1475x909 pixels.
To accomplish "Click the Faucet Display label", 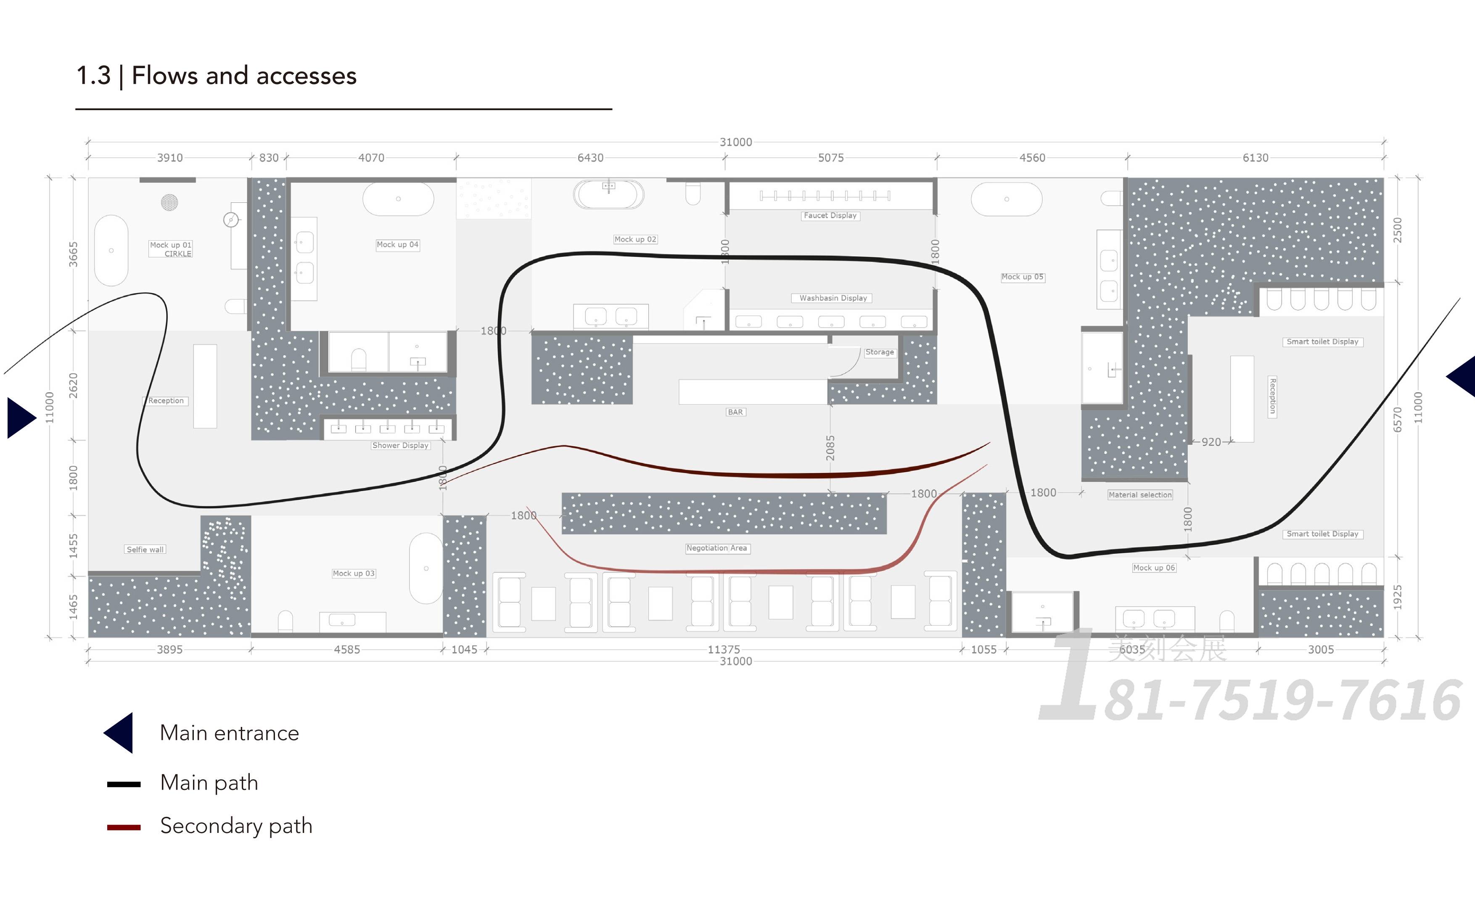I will (830, 215).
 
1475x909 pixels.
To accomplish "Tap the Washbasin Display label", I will (833, 298).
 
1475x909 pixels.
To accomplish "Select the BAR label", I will (735, 412).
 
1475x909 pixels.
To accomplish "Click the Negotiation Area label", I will (716, 548).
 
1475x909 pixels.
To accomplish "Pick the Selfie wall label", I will (145, 550).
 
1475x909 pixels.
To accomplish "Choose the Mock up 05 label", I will (1022, 277).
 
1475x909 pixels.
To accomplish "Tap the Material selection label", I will (1139, 495).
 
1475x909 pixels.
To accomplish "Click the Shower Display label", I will (400, 446).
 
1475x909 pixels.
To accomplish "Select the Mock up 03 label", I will (354, 573).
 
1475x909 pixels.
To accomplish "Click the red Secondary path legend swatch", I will (124, 827).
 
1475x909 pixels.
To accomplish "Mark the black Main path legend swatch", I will (124, 784).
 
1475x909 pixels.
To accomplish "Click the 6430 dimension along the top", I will (590, 158).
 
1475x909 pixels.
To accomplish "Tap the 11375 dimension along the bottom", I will (724, 649).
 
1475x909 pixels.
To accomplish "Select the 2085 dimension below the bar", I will (830, 448).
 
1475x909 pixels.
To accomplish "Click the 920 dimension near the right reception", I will (1211, 442).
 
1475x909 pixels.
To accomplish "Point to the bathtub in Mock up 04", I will (398, 198).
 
